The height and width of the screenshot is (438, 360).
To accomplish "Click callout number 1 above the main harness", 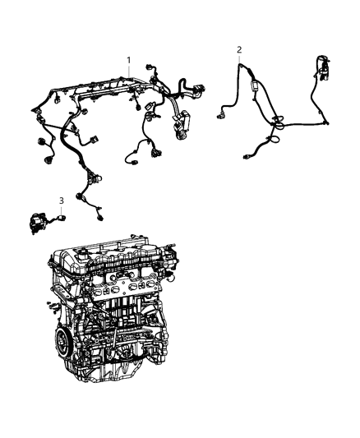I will click(128, 60).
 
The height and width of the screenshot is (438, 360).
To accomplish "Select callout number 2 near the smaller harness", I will click(239, 49).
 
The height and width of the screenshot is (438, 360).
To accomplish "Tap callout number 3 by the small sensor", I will click(60, 201).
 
